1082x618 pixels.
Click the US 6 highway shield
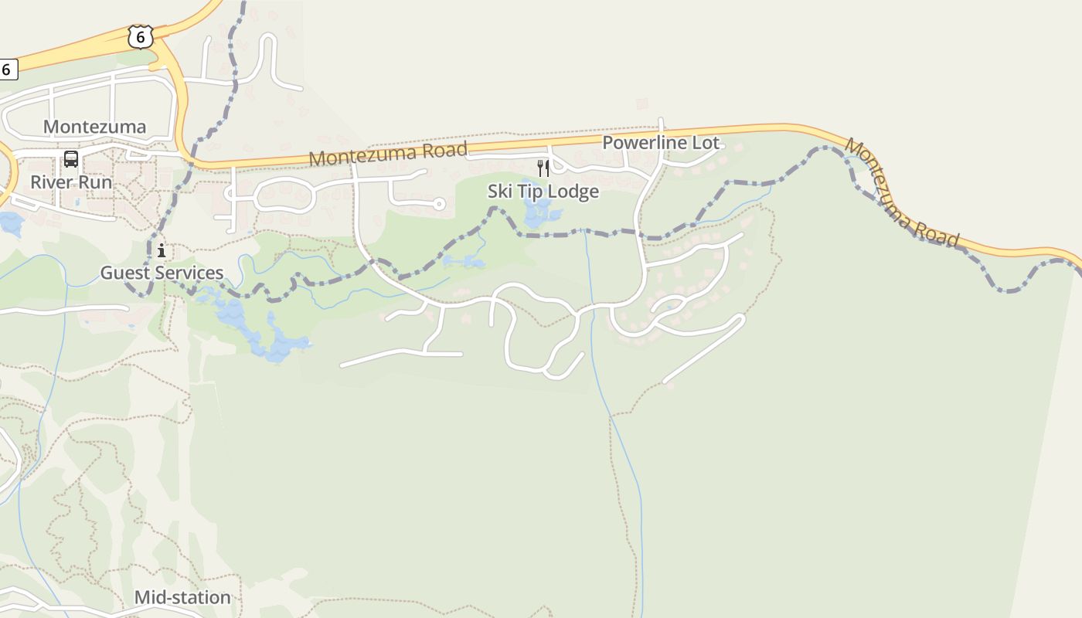[x=141, y=36]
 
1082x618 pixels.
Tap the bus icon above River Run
[x=71, y=159]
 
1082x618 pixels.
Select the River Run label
[x=71, y=182]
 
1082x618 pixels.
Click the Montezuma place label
[x=94, y=127]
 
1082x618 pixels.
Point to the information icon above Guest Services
[x=162, y=250]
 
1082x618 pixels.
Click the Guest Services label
[x=162, y=273]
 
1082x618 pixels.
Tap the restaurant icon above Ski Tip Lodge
[x=543, y=168]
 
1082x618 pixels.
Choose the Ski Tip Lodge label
[x=543, y=191]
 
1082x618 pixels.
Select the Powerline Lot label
[x=660, y=143]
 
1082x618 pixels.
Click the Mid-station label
[x=182, y=597]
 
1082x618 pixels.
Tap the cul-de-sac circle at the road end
[x=439, y=204]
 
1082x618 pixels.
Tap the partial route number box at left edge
[x=8, y=69]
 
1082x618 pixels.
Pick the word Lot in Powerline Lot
[x=706, y=143]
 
